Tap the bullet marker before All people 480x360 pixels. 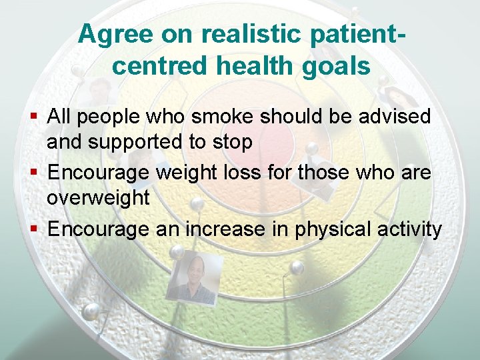(35, 117)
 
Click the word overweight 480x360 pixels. (98, 198)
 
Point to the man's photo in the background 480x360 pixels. (193, 278)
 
